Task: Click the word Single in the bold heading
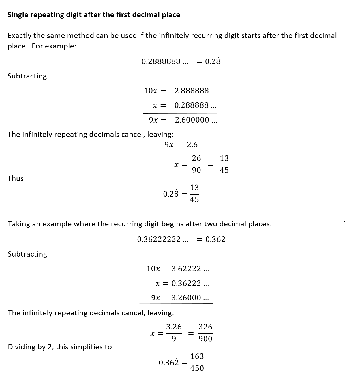[x=18, y=15]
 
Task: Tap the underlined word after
[x=271, y=36]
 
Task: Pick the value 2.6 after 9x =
[x=192, y=145]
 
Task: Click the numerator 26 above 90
[x=196, y=158]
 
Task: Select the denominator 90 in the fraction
[x=196, y=170]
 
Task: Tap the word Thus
[x=17, y=179]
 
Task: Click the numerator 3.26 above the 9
[x=174, y=327]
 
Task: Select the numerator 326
[x=205, y=327]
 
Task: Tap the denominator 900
[x=205, y=339]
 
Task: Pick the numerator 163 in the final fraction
[x=197, y=356]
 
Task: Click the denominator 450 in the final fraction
[x=197, y=368]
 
